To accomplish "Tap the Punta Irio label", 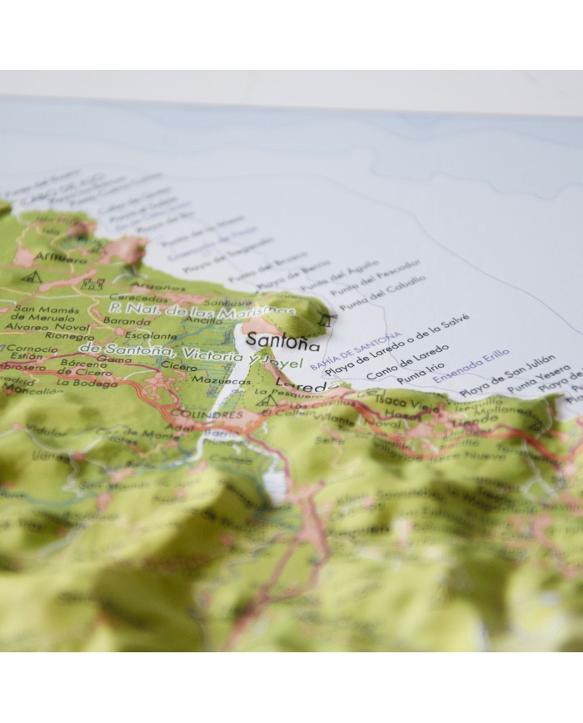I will click(x=416, y=373).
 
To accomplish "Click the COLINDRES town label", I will click(x=218, y=413).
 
